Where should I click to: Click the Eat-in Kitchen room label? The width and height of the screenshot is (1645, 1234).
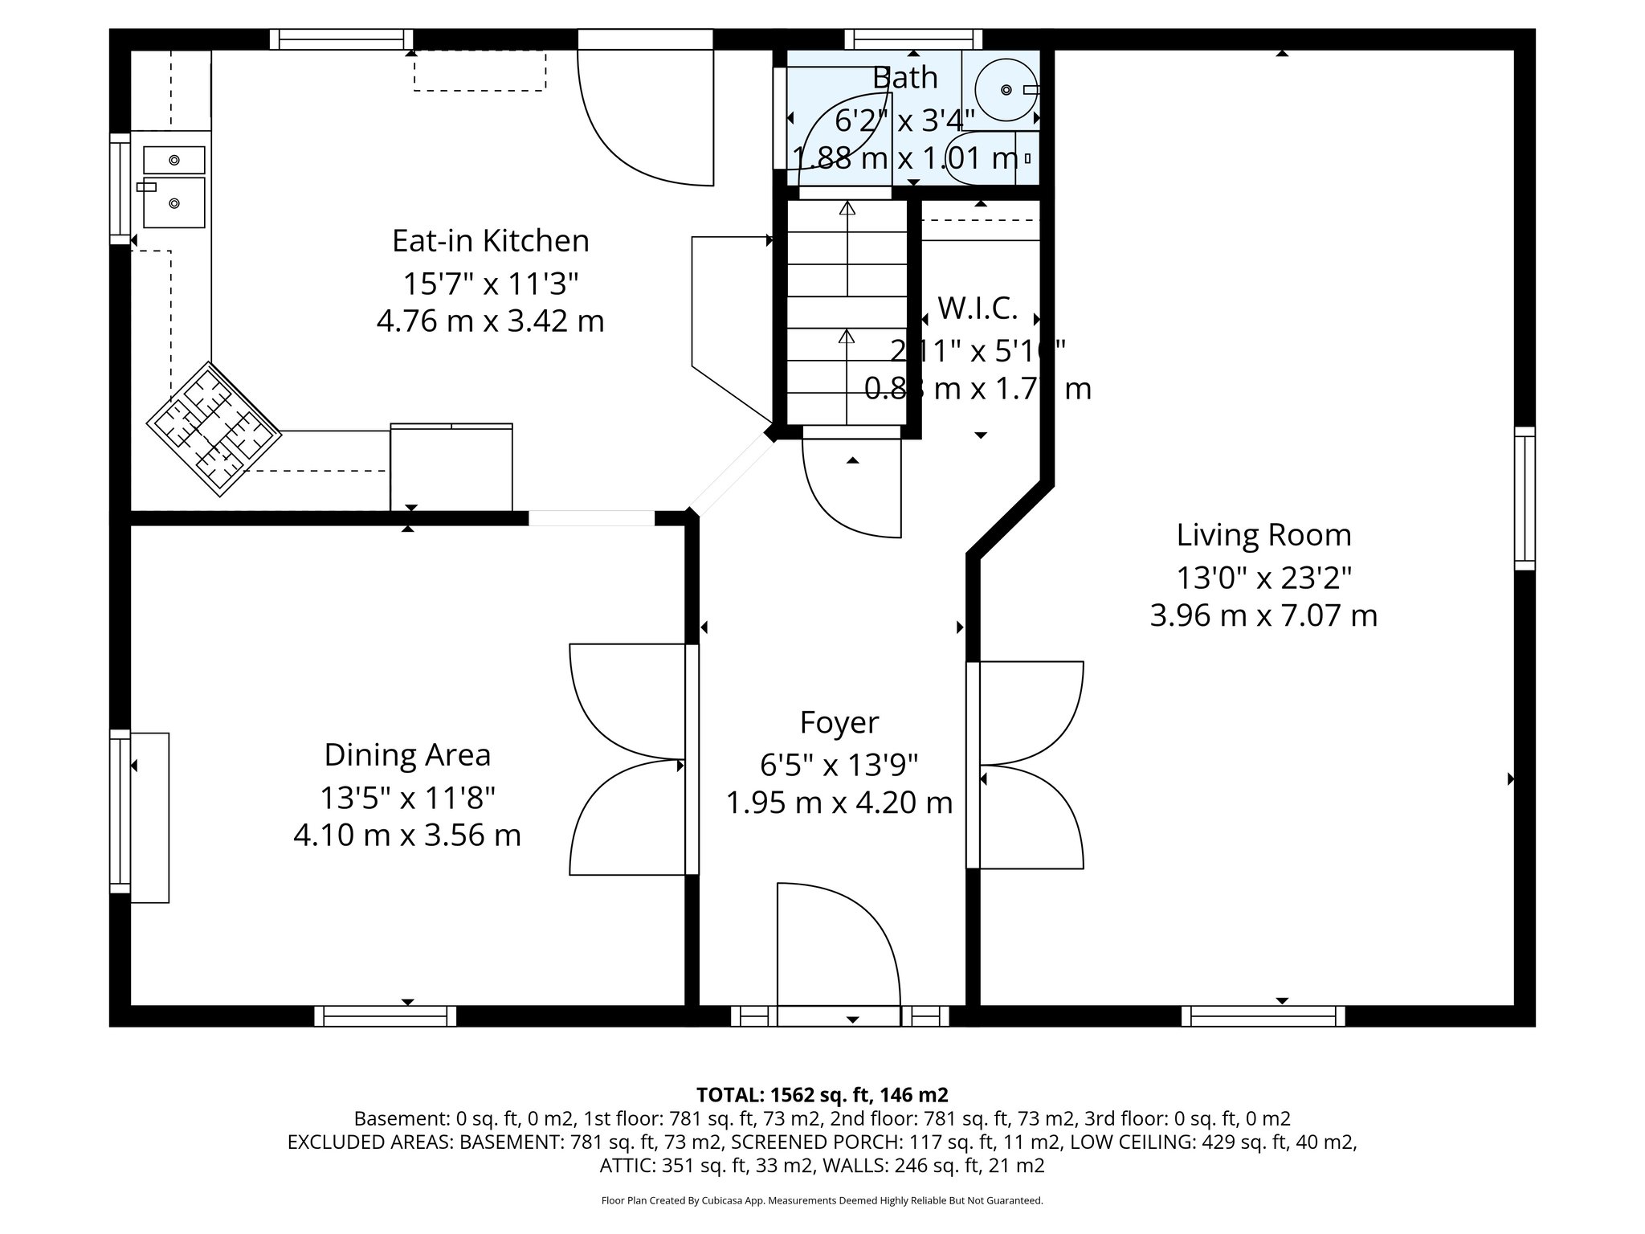[490, 241]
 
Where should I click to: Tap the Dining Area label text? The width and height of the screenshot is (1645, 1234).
[407, 755]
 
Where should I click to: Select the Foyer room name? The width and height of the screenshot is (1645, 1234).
[839, 722]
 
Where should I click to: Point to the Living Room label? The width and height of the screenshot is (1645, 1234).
[1263, 535]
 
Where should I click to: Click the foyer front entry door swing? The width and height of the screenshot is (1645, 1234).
[835, 948]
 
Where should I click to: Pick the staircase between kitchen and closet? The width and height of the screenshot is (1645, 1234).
[847, 313]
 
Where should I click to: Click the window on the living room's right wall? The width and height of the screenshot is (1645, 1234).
[1524, 498]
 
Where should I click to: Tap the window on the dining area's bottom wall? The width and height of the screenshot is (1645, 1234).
[385, 1016]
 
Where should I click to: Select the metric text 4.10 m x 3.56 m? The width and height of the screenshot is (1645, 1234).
[407, 836]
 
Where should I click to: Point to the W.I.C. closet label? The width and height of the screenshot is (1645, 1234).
[978, 308]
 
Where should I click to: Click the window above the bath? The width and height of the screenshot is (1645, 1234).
[913, 39]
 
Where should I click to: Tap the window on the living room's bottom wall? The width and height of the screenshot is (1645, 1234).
[1263, 1016]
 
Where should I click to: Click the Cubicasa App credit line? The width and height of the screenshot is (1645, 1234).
[822, 1201]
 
